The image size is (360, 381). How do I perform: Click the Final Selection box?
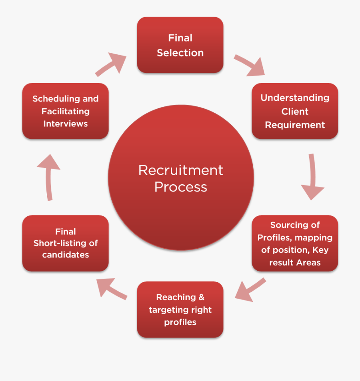(x=180, y=45)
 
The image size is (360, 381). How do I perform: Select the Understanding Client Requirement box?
(x=295, y=111)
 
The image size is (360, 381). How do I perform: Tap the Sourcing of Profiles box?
(x=295, y=243)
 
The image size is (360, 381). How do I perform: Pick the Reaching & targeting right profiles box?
(x=180, y=310)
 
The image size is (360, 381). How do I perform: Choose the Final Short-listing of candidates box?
(x=65, y=243)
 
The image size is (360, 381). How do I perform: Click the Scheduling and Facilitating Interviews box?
(x=65, y=111)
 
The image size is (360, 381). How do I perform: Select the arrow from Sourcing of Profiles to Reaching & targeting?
(x=250, y=290)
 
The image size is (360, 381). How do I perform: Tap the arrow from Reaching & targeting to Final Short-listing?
(x=112, y=289)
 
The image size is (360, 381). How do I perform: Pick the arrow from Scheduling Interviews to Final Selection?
(x=111, y=64)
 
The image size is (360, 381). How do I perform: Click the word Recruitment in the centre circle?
(x=180, y=170)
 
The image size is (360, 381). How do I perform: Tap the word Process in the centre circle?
(x=180, y=187)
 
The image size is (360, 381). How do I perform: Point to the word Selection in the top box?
(x=180, y=53)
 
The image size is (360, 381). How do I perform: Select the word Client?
(x=295, y=111)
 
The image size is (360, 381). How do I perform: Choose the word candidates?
(x=65, y=255)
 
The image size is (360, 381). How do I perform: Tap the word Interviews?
(x=65, y=124)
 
